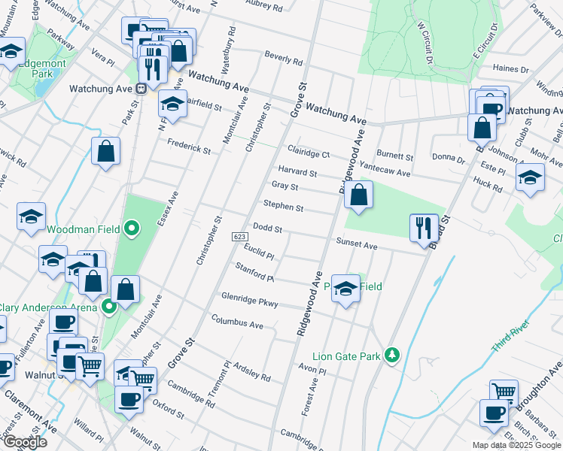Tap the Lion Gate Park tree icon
tap(391, 355)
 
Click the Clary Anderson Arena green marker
tap(108, 307)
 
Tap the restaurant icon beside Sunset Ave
tap(423, 227)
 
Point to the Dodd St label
tap(267, 226)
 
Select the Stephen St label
tap(283, 206)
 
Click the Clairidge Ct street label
tap(309, 153)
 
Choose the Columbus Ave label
tap(237, 324)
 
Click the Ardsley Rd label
tap(251, 372)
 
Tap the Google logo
tap(25, 441)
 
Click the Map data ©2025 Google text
tap(516, 445)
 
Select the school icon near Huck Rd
tap(530, 179)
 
